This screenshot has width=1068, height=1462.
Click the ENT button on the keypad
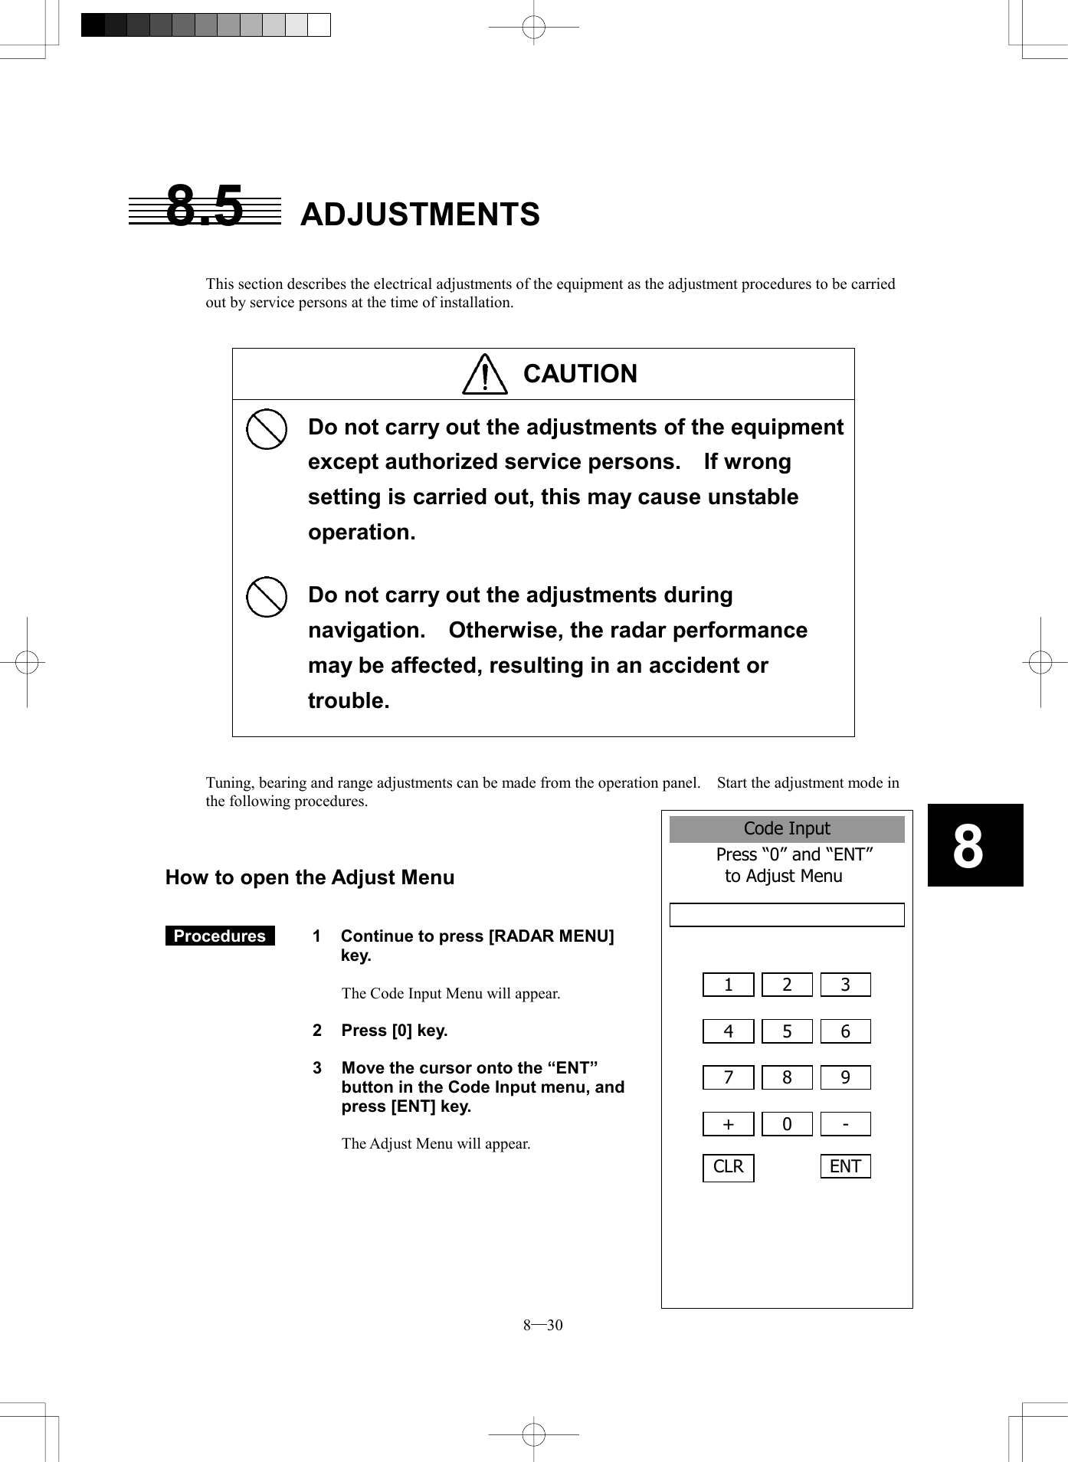pos(845,1166)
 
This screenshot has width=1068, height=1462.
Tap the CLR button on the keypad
pos(728,1167)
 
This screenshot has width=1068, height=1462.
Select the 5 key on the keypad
pos(787,1031)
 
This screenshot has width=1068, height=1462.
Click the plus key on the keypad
pos(728,1124)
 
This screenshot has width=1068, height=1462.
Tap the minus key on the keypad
pos(845,1124)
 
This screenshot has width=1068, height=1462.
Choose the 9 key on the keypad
pos(845,1077)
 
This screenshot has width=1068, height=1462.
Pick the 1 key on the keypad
pos(728,985)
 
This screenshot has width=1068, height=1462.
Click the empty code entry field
pos(787,915)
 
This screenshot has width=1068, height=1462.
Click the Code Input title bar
pos(787,829)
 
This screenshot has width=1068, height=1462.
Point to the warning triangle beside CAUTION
pos(485,375)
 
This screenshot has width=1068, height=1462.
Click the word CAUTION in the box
pos(580,374)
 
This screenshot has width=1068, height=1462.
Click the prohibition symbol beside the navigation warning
pos(267,597)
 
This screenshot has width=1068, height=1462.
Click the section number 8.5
pos(205,207)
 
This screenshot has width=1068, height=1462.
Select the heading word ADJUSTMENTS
pos(420,215)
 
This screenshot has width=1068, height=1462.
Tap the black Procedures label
pos(220,936)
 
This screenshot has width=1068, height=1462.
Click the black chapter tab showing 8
pos(975,845)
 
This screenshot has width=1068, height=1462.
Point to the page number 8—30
pos(542,1326)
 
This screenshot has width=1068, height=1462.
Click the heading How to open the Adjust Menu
pos(310,877)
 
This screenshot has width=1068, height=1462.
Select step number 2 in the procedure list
pos(317,1031)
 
